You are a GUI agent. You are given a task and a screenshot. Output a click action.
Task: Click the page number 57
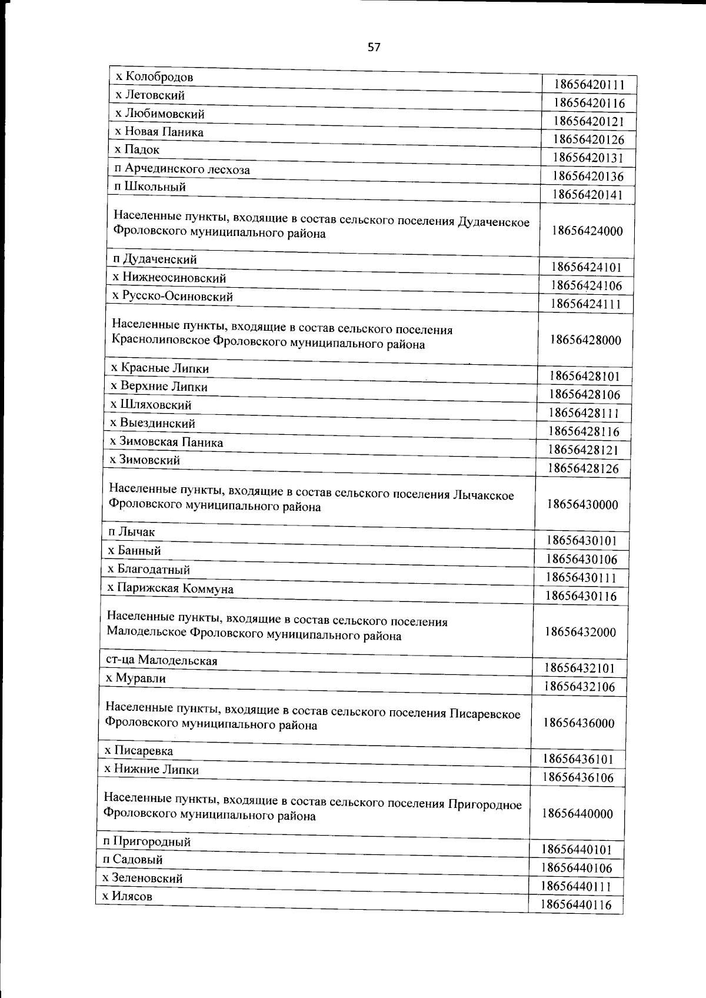(x=374, y=48)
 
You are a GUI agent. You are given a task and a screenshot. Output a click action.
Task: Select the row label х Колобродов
(x=154, y=77)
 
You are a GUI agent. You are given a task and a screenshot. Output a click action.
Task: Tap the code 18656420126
(x=588, y=139)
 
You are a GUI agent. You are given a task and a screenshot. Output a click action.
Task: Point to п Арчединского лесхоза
(x=182, y=169)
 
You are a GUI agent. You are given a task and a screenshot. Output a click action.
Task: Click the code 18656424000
(x=587, y=231)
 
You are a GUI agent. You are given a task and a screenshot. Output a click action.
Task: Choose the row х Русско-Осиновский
(x=172, y=296)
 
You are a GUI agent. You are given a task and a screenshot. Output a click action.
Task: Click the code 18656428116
(x=584, y=431)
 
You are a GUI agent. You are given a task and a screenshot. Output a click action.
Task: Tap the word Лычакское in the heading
(x=484, y=495)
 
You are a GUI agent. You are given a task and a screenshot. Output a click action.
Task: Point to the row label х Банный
(x=134, y=551)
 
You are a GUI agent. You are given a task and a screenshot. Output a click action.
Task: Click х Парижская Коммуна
(x=170, y=588)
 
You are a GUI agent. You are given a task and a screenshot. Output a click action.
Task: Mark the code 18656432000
(x=580, y=632)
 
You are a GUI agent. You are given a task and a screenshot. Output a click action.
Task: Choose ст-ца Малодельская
(x=162, y=660)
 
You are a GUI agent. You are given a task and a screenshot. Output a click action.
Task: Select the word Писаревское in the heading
(x=485, y=714)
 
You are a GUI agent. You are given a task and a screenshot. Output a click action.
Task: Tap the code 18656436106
(x=578, y=777)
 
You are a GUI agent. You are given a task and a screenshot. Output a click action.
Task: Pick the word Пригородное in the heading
(x=485, y=804)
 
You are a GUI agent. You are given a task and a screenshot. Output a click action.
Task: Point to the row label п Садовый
(x=133, y=860)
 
